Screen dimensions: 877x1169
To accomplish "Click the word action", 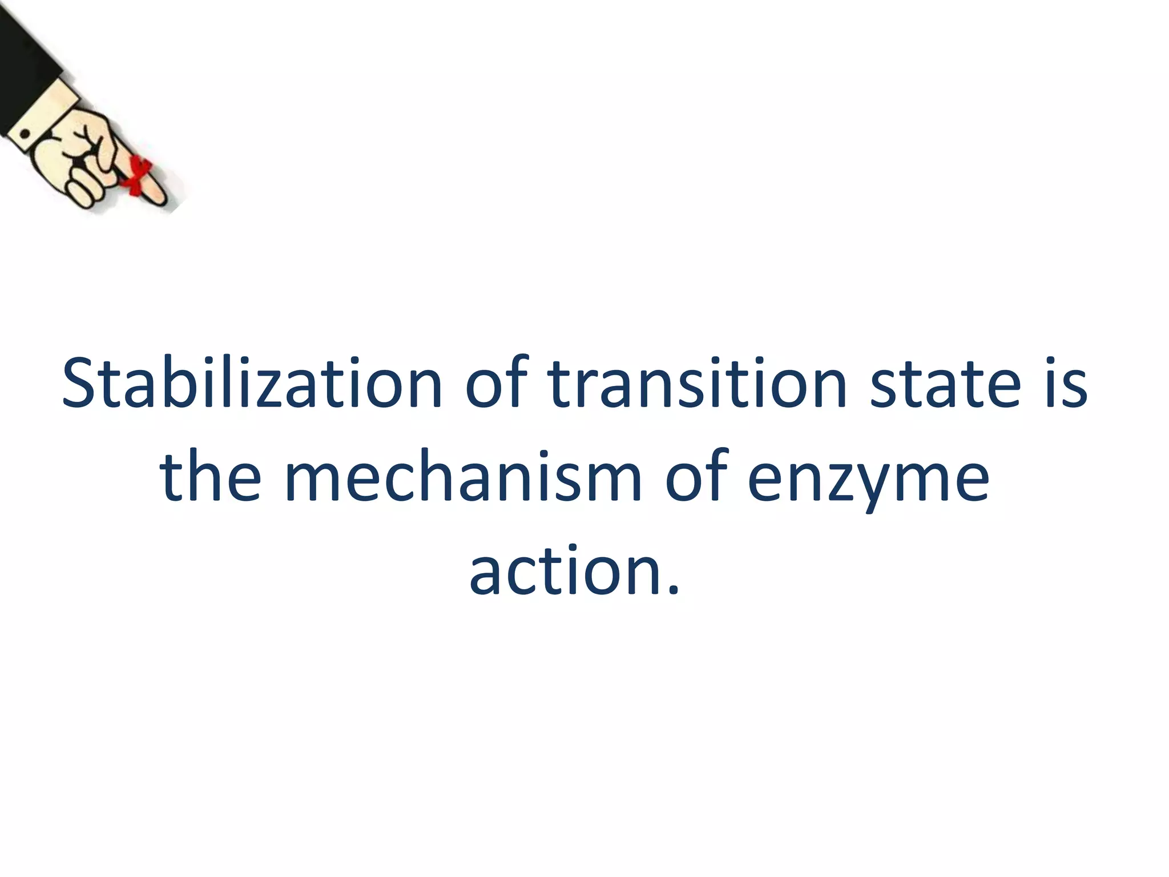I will click(565, 571).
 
